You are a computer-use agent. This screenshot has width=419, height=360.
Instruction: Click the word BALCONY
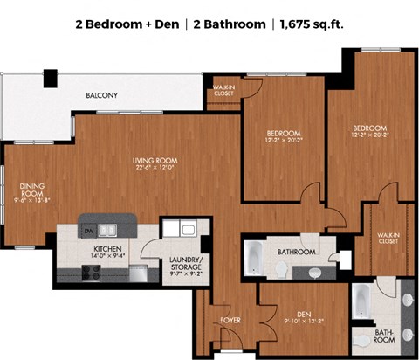[x=102, y=95]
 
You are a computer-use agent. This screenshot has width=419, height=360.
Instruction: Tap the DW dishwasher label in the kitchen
[x=89, y=231]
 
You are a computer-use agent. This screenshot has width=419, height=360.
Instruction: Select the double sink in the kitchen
[x=107, y=231]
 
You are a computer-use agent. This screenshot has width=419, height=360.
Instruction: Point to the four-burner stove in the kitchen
[x=92, y=273]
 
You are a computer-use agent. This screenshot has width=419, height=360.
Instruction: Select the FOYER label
[x=230, y=321]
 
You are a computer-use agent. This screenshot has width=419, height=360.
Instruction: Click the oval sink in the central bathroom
[x=314, y=273]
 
